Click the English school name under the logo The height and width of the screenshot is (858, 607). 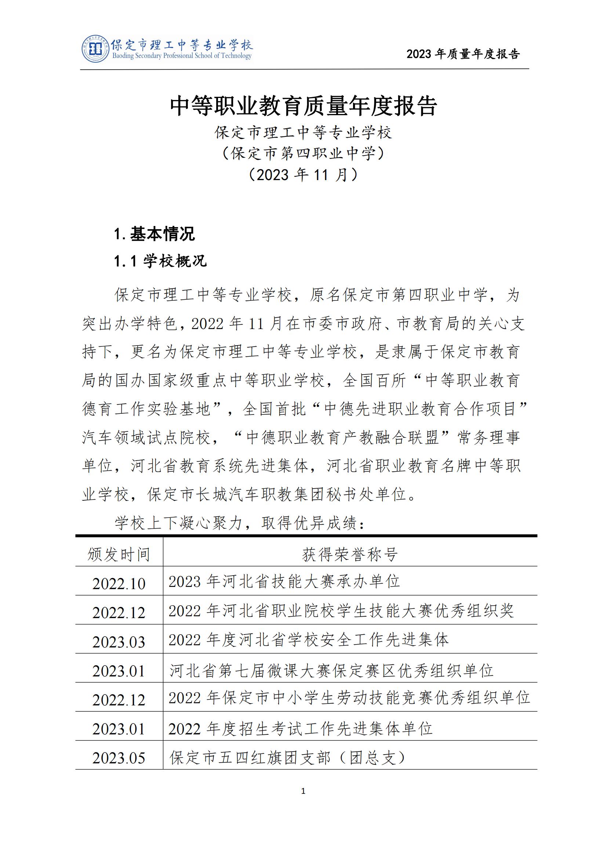[x=182, y=56]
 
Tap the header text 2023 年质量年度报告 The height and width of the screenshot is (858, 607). [x=463, y=54]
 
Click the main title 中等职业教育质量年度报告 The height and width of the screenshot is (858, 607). [x=303, y=106]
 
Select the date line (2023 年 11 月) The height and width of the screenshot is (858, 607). [x=303, y=175]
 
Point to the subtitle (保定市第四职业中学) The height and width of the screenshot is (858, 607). [x=303, y=153]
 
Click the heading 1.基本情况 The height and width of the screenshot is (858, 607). [x=155, y=234]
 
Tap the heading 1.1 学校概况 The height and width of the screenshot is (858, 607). [x=160, y=261]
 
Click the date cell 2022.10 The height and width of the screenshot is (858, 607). [x=119, y=584]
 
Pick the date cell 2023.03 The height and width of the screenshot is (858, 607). [x=119, y=642]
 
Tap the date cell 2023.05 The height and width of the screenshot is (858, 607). [x=119, y=758]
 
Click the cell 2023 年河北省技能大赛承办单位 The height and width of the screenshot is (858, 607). [x=284, y=581]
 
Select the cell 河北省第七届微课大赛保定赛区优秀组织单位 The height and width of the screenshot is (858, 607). [x=331, y=671]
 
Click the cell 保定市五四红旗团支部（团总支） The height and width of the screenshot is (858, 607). [x=288, y=757]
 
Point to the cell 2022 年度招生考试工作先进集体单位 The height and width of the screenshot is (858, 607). [x=300, y=729]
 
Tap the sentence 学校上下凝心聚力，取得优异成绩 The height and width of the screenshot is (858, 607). [x=239, y=523]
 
